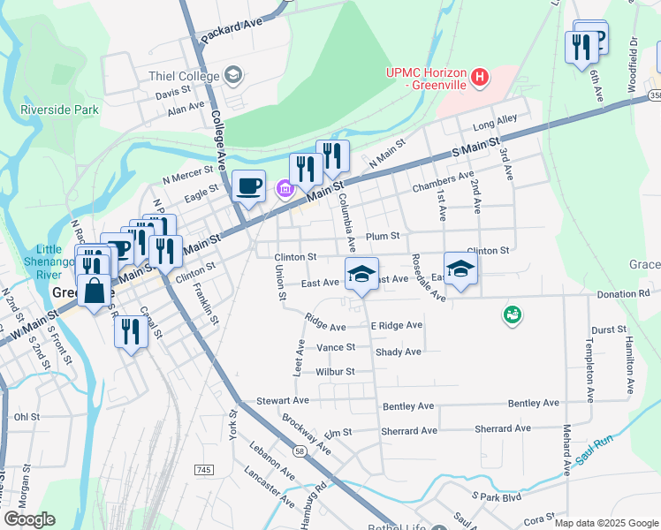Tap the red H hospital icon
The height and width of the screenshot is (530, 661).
pos(480,78)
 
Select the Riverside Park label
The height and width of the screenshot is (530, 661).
pos(60,110)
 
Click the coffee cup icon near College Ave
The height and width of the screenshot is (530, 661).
pos(249,186)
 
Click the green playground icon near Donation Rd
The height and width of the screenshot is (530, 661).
pos(511,314)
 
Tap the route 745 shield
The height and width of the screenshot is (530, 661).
pos(205,469)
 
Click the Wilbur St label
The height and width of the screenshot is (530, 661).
pos(335,372)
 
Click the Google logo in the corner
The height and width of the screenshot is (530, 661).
pos(29,519)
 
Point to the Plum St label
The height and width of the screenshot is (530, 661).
pos(383,236)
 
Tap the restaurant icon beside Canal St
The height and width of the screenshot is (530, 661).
pos(130,333)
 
